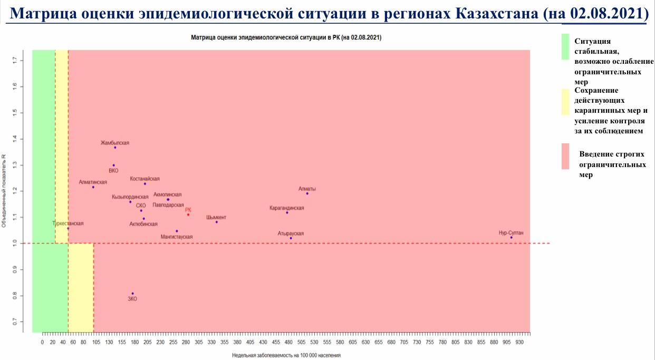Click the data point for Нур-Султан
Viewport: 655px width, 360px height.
[x=511, y=237]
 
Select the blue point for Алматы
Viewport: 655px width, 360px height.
[x=307, y=193]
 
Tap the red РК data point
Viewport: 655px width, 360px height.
[x=188, y=215]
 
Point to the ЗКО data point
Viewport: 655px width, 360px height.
[x=132, y=294]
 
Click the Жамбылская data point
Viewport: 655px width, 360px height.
[x=115, y=148]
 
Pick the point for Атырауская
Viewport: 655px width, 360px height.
[x=291, y=238]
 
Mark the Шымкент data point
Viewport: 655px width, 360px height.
[x=216, y=222]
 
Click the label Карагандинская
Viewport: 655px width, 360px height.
[x=286, y=208]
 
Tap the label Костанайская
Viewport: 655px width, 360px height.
[x=145, y=179]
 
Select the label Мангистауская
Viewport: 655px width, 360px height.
[x=177, y=237]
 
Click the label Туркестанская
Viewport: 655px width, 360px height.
[x=68, y=223]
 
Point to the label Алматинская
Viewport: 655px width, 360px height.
[x=93, y=182]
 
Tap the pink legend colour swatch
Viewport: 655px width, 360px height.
[x=565, y=156]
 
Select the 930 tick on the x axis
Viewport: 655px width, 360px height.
[x=519, y=342]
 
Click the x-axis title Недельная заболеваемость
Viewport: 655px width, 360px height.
[x=286, y=355]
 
